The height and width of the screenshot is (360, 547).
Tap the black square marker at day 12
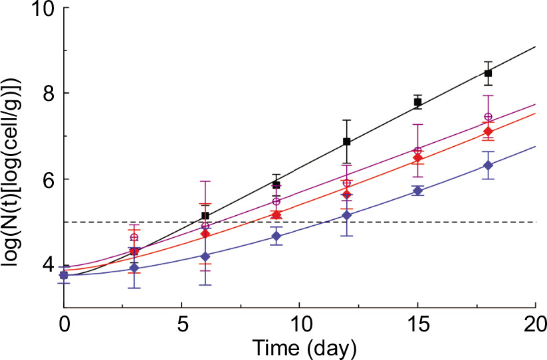[x=346, y=141]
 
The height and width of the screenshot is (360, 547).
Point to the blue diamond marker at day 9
[x=276, y=236]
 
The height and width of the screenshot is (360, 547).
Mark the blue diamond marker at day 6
[x=205, y=256]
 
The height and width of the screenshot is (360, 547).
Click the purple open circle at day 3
[x=134, y=237]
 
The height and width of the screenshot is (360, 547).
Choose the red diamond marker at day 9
[x=276, y=215]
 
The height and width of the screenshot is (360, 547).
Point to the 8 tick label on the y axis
[x=49, y=94]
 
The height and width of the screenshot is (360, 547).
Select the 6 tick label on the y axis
[x=49, y=179]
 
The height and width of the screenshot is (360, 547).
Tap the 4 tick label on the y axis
[x=49, y=264]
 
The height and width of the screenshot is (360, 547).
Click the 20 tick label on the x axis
[x=534, y=327]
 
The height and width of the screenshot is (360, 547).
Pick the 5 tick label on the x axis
[x=181, y=327]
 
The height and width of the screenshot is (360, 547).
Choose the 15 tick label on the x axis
[x=417, y=327]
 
